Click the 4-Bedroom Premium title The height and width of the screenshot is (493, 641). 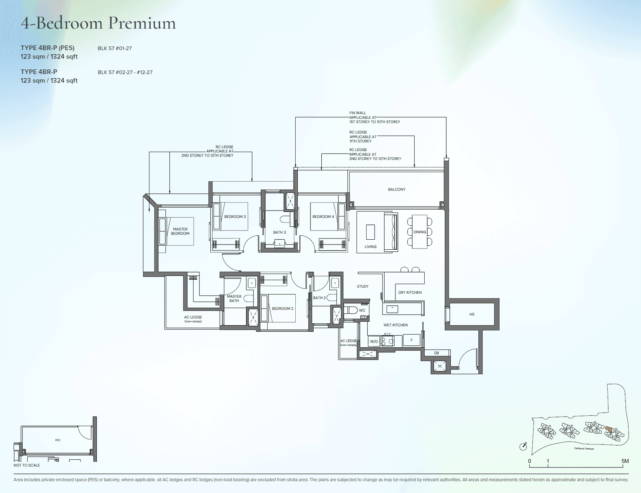pos(98,23)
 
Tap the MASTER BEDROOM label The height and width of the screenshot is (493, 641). pos(180,231)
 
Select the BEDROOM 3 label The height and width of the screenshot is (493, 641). pos(235,216)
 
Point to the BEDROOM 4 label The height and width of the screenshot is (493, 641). pos(323,216)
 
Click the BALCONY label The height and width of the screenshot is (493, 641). pos(397,189)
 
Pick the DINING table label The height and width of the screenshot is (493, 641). pos(419,232)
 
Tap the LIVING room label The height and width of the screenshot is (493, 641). pos(370,246)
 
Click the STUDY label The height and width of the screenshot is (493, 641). pos(363,287)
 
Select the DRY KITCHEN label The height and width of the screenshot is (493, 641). pos(410,293)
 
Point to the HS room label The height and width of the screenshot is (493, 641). pos(472,315)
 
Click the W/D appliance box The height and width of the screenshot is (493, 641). pos(374,341)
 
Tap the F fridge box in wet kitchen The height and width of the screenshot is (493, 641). pos(411,340)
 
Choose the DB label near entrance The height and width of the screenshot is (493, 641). pos(436,353)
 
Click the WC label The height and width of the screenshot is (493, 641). pos(362,311)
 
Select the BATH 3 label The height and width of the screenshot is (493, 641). pos(280,232)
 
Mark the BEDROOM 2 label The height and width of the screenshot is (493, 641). pos(282,309)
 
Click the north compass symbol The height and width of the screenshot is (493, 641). pos(523,447)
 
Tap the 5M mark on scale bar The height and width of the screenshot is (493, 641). pos(625,461)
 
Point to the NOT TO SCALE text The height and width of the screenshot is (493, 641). pos(27,465)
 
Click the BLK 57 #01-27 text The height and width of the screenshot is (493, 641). pos(115,48)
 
